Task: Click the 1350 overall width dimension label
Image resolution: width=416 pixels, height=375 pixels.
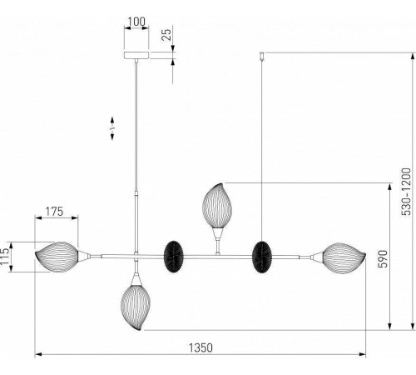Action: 201,347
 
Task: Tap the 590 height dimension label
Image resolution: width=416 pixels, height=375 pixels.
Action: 383,258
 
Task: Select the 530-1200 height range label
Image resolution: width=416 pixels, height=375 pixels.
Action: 406,192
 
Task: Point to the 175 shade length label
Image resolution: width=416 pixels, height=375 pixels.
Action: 54,212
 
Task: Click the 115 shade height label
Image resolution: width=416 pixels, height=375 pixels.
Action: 5,257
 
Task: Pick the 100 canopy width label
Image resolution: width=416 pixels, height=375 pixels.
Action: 136,22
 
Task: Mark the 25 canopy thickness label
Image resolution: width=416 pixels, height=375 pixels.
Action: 166,35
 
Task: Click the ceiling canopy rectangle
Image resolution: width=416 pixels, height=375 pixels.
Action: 136,55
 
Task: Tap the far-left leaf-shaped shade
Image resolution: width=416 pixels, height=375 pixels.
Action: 57,256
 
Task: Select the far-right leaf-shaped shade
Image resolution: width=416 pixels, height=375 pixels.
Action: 344,258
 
